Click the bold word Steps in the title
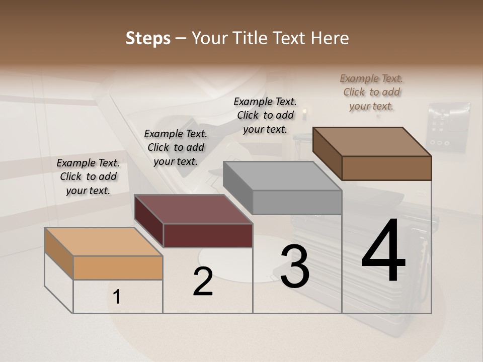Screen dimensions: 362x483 coord(148,39)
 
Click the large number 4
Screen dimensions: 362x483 coord(384,252)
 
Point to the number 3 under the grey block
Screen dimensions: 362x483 coord(295,266)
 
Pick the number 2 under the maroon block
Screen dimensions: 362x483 coord(203,282)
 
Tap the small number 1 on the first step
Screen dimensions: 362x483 coord(117,297)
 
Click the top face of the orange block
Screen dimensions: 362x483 coord(103,241)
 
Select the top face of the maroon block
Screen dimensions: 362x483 coord(193,209)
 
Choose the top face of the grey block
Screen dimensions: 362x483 coord(282,176)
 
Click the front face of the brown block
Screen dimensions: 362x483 coord(386,168)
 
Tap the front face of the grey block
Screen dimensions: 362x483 coord(297,203)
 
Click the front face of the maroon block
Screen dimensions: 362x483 coord(208,235)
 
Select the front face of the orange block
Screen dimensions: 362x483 coord(118,267)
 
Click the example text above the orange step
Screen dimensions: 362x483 coord(88,176)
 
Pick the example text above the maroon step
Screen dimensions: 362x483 coord(176,147)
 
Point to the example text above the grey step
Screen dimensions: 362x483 coord(265,115)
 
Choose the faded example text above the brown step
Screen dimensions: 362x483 coord(371,92)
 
